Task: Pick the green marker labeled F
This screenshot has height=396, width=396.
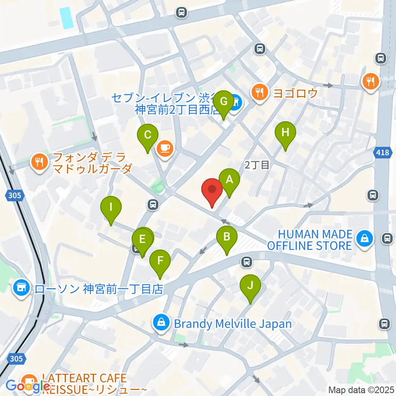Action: (x=160, y=261)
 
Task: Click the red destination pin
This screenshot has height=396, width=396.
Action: (x=212, y=191)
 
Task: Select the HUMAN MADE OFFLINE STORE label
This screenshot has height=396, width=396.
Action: (x=309, y=240)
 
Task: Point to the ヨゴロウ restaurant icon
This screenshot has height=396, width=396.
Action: (x=259, y=92)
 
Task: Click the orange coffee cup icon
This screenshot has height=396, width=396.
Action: (x=165, y=147)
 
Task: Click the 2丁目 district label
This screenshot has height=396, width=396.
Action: (x=257, y=165)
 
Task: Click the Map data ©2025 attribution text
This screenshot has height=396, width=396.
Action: (x=360, y=389)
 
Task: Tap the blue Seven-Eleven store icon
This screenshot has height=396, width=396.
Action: (x=236, y=100)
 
